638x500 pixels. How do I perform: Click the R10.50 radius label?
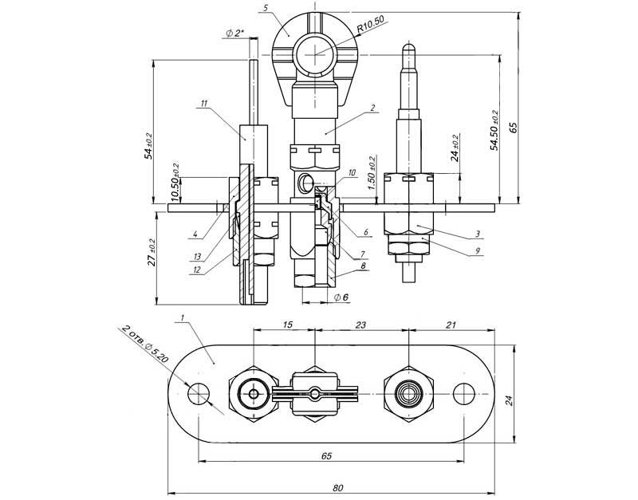point(372,28)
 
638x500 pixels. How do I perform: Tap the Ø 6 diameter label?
point(341,297)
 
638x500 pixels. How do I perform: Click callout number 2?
point(372,107)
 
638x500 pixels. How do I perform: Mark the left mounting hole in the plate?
point(199,393)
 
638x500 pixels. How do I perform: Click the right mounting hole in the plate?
point(463,393)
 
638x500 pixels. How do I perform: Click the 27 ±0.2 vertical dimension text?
point(153,251)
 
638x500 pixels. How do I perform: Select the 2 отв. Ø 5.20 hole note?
point(145,344)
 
